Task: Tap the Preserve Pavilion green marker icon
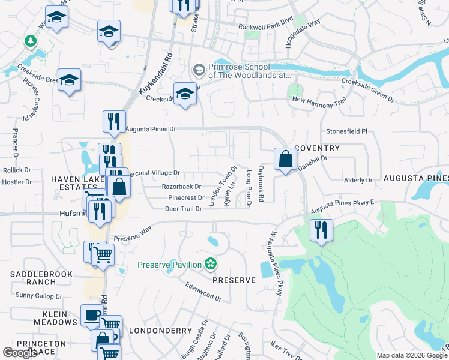point(210,263)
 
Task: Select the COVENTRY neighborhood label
point(317,148)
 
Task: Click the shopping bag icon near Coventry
point(286,160)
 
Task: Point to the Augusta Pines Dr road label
point(150,129)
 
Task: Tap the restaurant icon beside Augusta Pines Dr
point(110,121)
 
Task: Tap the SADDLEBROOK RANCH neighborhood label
point(41,278)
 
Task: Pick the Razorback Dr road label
point(181,187)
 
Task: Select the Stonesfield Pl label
point(346,131)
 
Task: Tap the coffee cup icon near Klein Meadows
point(92,315)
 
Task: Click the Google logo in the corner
point(20,353)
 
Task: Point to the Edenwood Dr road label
point(204,292)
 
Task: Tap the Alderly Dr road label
point(358,180)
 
